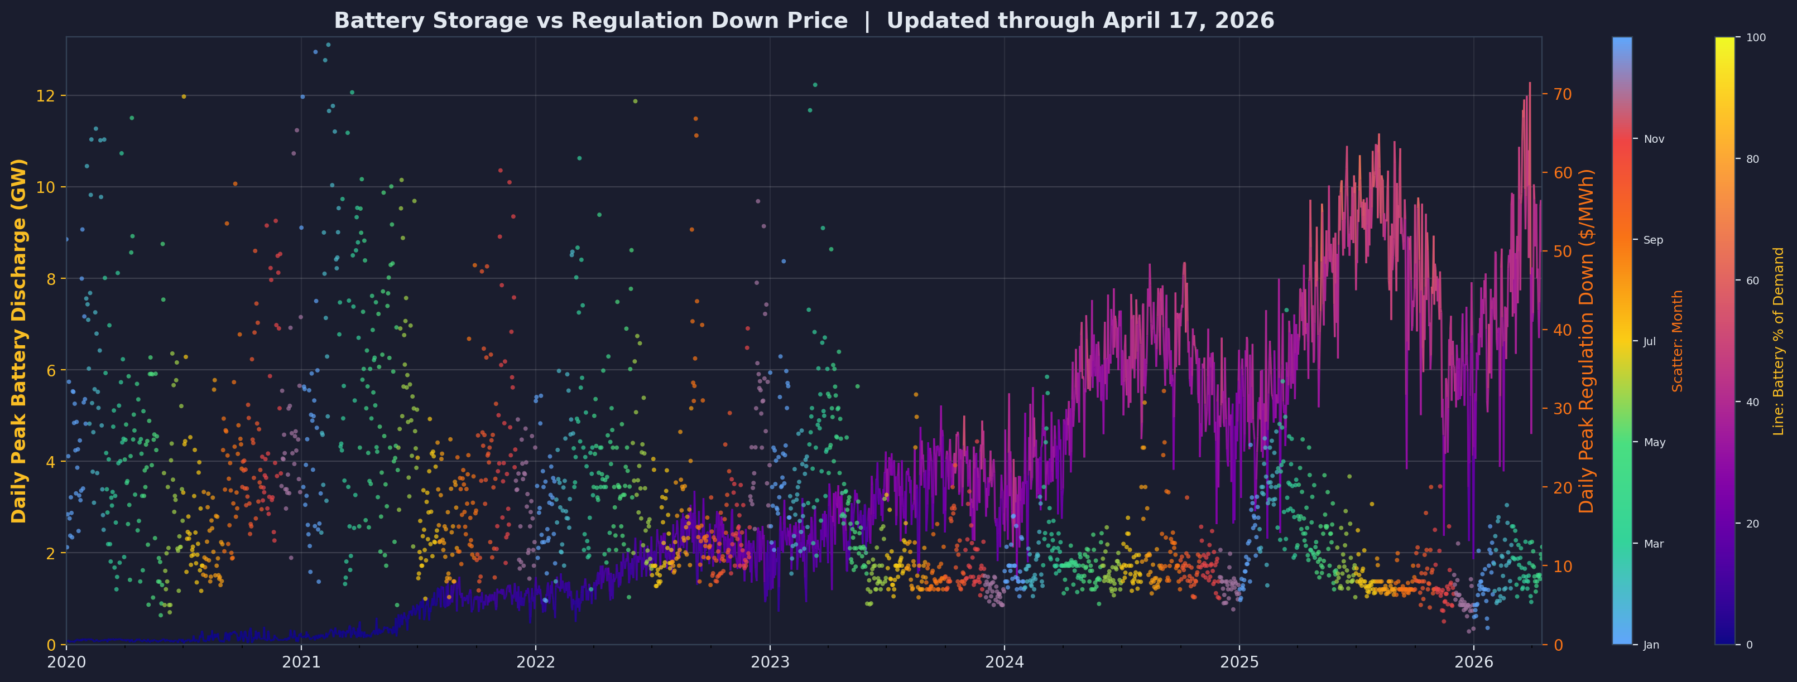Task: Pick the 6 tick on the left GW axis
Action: (51, 370)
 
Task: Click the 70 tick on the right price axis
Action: (1560, 94)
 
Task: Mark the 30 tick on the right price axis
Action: (1560, 409)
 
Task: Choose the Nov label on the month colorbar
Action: (1654, 139)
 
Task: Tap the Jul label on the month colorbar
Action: (1650, 342)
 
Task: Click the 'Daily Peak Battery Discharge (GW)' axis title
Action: (19, 340)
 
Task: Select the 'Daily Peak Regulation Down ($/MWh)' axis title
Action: (1588, 340)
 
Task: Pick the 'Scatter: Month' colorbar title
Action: (1678, 340)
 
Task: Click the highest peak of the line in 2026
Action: (1530, 83)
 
